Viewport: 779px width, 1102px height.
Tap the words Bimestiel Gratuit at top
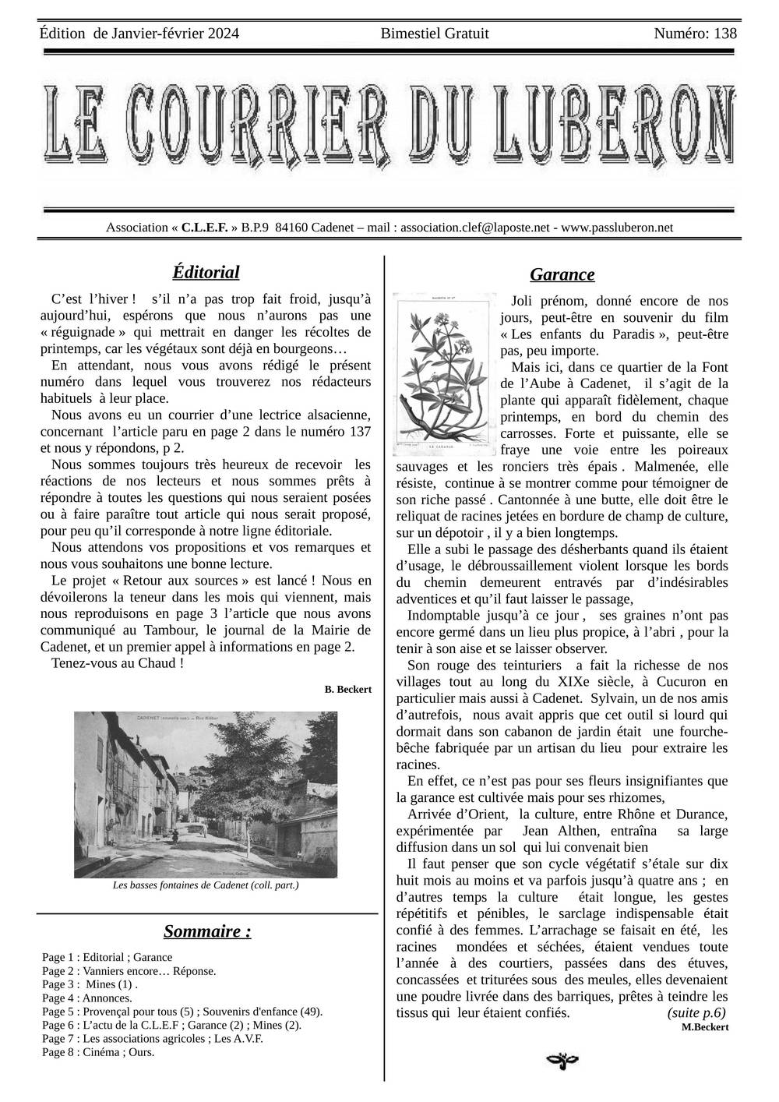click(x=435, y=34)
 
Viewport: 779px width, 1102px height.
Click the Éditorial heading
click(x=206, y=272)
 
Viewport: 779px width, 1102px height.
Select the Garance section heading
click(x=562, y=274)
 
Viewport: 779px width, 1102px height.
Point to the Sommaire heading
click(x=207, y=931)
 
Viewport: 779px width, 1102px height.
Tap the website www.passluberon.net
click(x=617, y=228)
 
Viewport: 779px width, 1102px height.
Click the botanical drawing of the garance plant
click(x=444, y=374)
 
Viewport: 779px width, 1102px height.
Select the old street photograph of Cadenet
click(x=205, y=794)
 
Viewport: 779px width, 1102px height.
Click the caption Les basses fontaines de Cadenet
click(x=206, y=885)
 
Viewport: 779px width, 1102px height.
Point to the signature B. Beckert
click(x=347, y=689)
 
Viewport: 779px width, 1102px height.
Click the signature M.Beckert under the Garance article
click(x=704, y=1027)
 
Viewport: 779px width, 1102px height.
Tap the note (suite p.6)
click(x=696, y=1013)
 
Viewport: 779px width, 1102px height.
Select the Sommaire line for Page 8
click(x=98, y=1052)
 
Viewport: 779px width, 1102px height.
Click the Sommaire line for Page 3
click(x=90, y=984)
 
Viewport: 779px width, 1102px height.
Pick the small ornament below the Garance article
click(x=562, y=1059)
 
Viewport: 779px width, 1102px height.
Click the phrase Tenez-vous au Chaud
click(x=117, y=663)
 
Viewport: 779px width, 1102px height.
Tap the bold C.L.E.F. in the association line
click(x=204, y=228)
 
